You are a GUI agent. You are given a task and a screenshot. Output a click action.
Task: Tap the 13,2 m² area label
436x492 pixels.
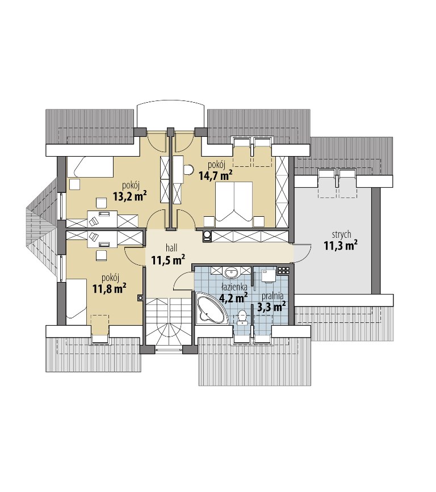pos(130,196)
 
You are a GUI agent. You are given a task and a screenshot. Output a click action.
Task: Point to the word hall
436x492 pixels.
pos(171,248)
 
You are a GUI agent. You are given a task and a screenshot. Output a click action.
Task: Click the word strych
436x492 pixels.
pos(341,234)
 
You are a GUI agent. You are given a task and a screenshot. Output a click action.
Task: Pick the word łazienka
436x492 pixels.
pos(234,287)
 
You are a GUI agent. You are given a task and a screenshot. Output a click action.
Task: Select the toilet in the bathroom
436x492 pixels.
pos(242,317)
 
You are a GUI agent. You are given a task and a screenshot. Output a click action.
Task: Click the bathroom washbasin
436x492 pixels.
pos(232,272)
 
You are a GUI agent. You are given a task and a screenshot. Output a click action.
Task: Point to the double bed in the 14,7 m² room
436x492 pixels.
pos(234,204)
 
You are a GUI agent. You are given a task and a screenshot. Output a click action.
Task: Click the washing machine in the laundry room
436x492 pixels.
pos(268,275)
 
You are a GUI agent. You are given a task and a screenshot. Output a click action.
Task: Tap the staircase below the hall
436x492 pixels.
pos(168,322)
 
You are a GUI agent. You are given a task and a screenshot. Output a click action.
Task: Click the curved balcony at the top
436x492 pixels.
pos(171,114)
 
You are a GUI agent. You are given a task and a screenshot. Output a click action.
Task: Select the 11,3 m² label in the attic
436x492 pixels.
pos(341,245)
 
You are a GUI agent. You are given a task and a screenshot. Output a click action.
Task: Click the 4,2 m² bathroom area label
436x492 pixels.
pos(233,297)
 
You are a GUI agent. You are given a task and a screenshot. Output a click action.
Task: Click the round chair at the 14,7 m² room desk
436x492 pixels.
pos(188,170)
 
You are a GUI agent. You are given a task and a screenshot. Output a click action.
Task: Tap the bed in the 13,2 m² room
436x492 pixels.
pos(90,167)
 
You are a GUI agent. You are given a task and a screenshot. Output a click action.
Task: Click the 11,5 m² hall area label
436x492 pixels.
pos(168,260)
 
